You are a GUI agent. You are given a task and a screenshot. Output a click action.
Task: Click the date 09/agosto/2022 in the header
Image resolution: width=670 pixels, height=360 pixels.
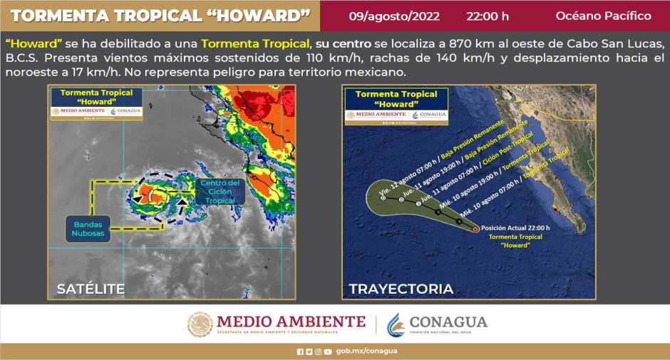tap(394, 16)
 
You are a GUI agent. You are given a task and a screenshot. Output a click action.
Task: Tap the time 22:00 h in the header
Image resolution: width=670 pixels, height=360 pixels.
tap(488, 16)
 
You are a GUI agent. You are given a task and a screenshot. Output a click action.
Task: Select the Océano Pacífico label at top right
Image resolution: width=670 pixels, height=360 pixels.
tap(603, 16)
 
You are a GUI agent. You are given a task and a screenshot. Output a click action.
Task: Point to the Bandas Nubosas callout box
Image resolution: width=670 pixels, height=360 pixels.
tap(88, 228)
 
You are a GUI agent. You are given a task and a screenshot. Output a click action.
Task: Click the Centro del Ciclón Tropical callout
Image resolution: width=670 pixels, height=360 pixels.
tap(220, 192)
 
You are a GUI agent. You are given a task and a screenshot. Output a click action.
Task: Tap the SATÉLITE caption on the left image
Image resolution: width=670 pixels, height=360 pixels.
tap(91, 289)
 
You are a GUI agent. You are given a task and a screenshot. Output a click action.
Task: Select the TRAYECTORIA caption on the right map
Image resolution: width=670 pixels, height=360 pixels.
tap(401, 289)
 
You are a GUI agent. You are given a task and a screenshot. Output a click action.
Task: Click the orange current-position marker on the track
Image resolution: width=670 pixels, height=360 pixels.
tap(476, 229)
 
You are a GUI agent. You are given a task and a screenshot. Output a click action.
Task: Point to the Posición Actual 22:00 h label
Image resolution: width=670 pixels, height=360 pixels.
tap(516, 228)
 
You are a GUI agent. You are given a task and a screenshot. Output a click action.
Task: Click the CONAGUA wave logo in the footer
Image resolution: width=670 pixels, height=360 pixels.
tap(396, 324)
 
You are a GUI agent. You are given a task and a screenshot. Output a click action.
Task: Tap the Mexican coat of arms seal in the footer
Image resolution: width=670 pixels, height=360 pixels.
tap(200, 324)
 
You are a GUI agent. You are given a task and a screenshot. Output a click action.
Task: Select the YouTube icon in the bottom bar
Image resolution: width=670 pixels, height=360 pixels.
tap(327, 351)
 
